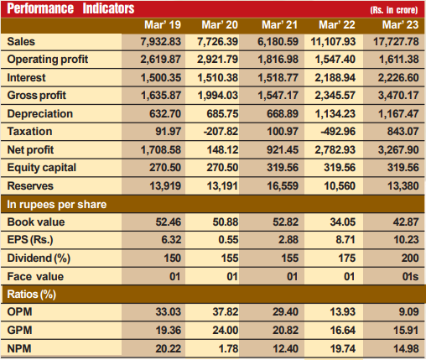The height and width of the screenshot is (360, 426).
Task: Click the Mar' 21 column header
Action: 279,25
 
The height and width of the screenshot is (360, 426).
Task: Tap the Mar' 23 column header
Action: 400,25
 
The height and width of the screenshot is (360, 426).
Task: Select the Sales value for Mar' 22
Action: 333,42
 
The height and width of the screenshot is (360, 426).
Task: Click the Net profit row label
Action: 30,149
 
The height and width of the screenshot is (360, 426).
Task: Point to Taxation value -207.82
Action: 221,132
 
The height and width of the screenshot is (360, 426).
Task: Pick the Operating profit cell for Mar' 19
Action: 160,60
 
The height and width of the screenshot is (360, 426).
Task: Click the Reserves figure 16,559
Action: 283,185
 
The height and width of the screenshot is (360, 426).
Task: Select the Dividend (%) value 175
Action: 346,258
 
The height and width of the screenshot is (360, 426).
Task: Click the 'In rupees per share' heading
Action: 57,204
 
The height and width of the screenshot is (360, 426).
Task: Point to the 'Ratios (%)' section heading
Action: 32,295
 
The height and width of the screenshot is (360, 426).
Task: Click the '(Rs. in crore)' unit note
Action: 394,10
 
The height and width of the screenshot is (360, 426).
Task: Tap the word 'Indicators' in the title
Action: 108,8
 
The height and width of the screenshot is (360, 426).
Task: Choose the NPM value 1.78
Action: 228,348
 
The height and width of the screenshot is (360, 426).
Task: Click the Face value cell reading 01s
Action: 410,276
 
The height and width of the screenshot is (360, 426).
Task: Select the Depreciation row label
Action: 40,114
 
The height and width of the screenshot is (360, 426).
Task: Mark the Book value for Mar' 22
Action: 343,222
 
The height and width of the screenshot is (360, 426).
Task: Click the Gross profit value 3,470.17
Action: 398,96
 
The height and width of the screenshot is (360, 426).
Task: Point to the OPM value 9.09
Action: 408,311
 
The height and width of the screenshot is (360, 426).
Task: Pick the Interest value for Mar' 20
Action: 218,78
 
